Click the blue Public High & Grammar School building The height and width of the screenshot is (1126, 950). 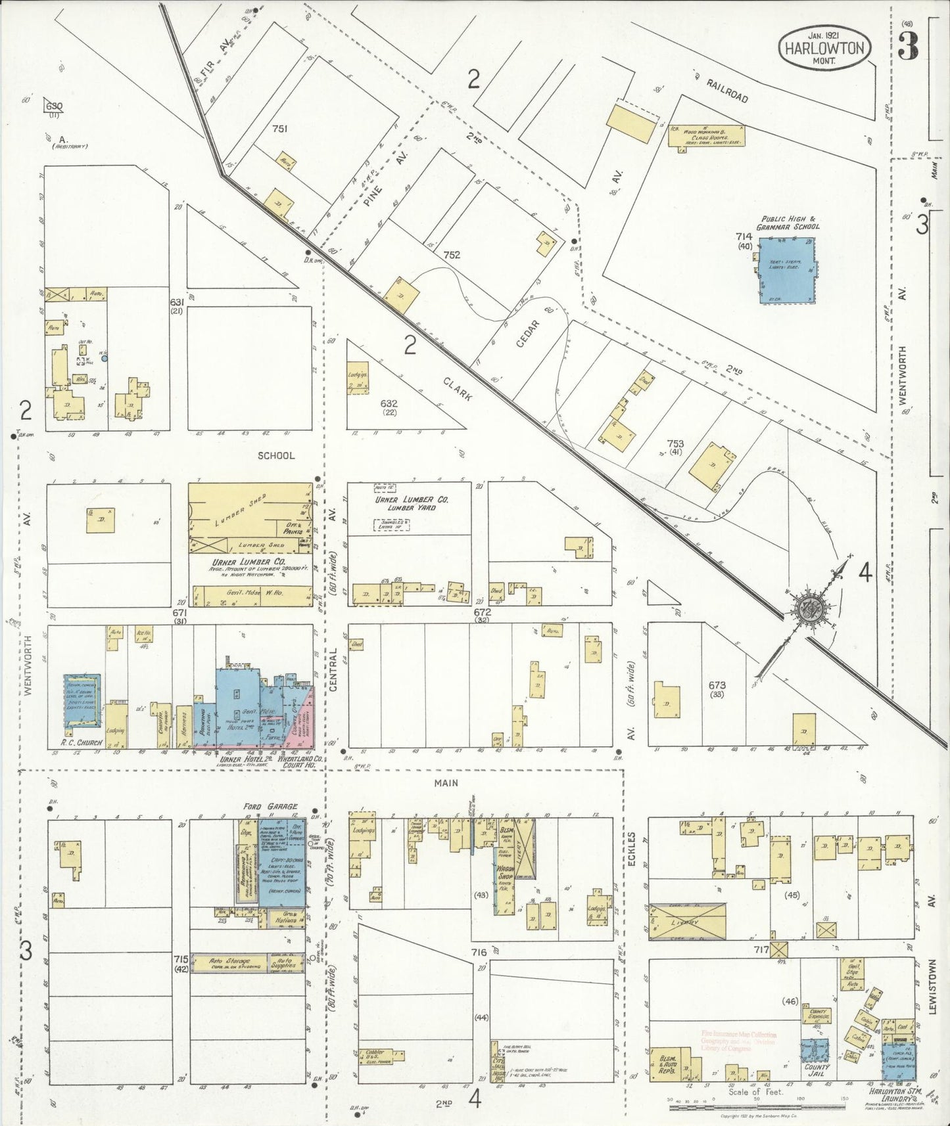pyautogui.click(x=786, y=271)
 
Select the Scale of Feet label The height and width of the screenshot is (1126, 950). pyautogui.click(x=755, y=1092)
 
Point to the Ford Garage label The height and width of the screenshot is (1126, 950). pyautogui.click(x=270, y=806)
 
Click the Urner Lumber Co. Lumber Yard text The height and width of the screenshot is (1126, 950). pyautogui.click(x=412, y=503)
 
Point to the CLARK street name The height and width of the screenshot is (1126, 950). pyautogui.click(x=458, y=389)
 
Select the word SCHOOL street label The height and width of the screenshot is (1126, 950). pyautogui.click(x=276, y=455)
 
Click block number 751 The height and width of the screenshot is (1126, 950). pyautogui.click(x=279, y=129)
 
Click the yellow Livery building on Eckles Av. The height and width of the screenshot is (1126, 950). pyautogui.click(x=688, y=922)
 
